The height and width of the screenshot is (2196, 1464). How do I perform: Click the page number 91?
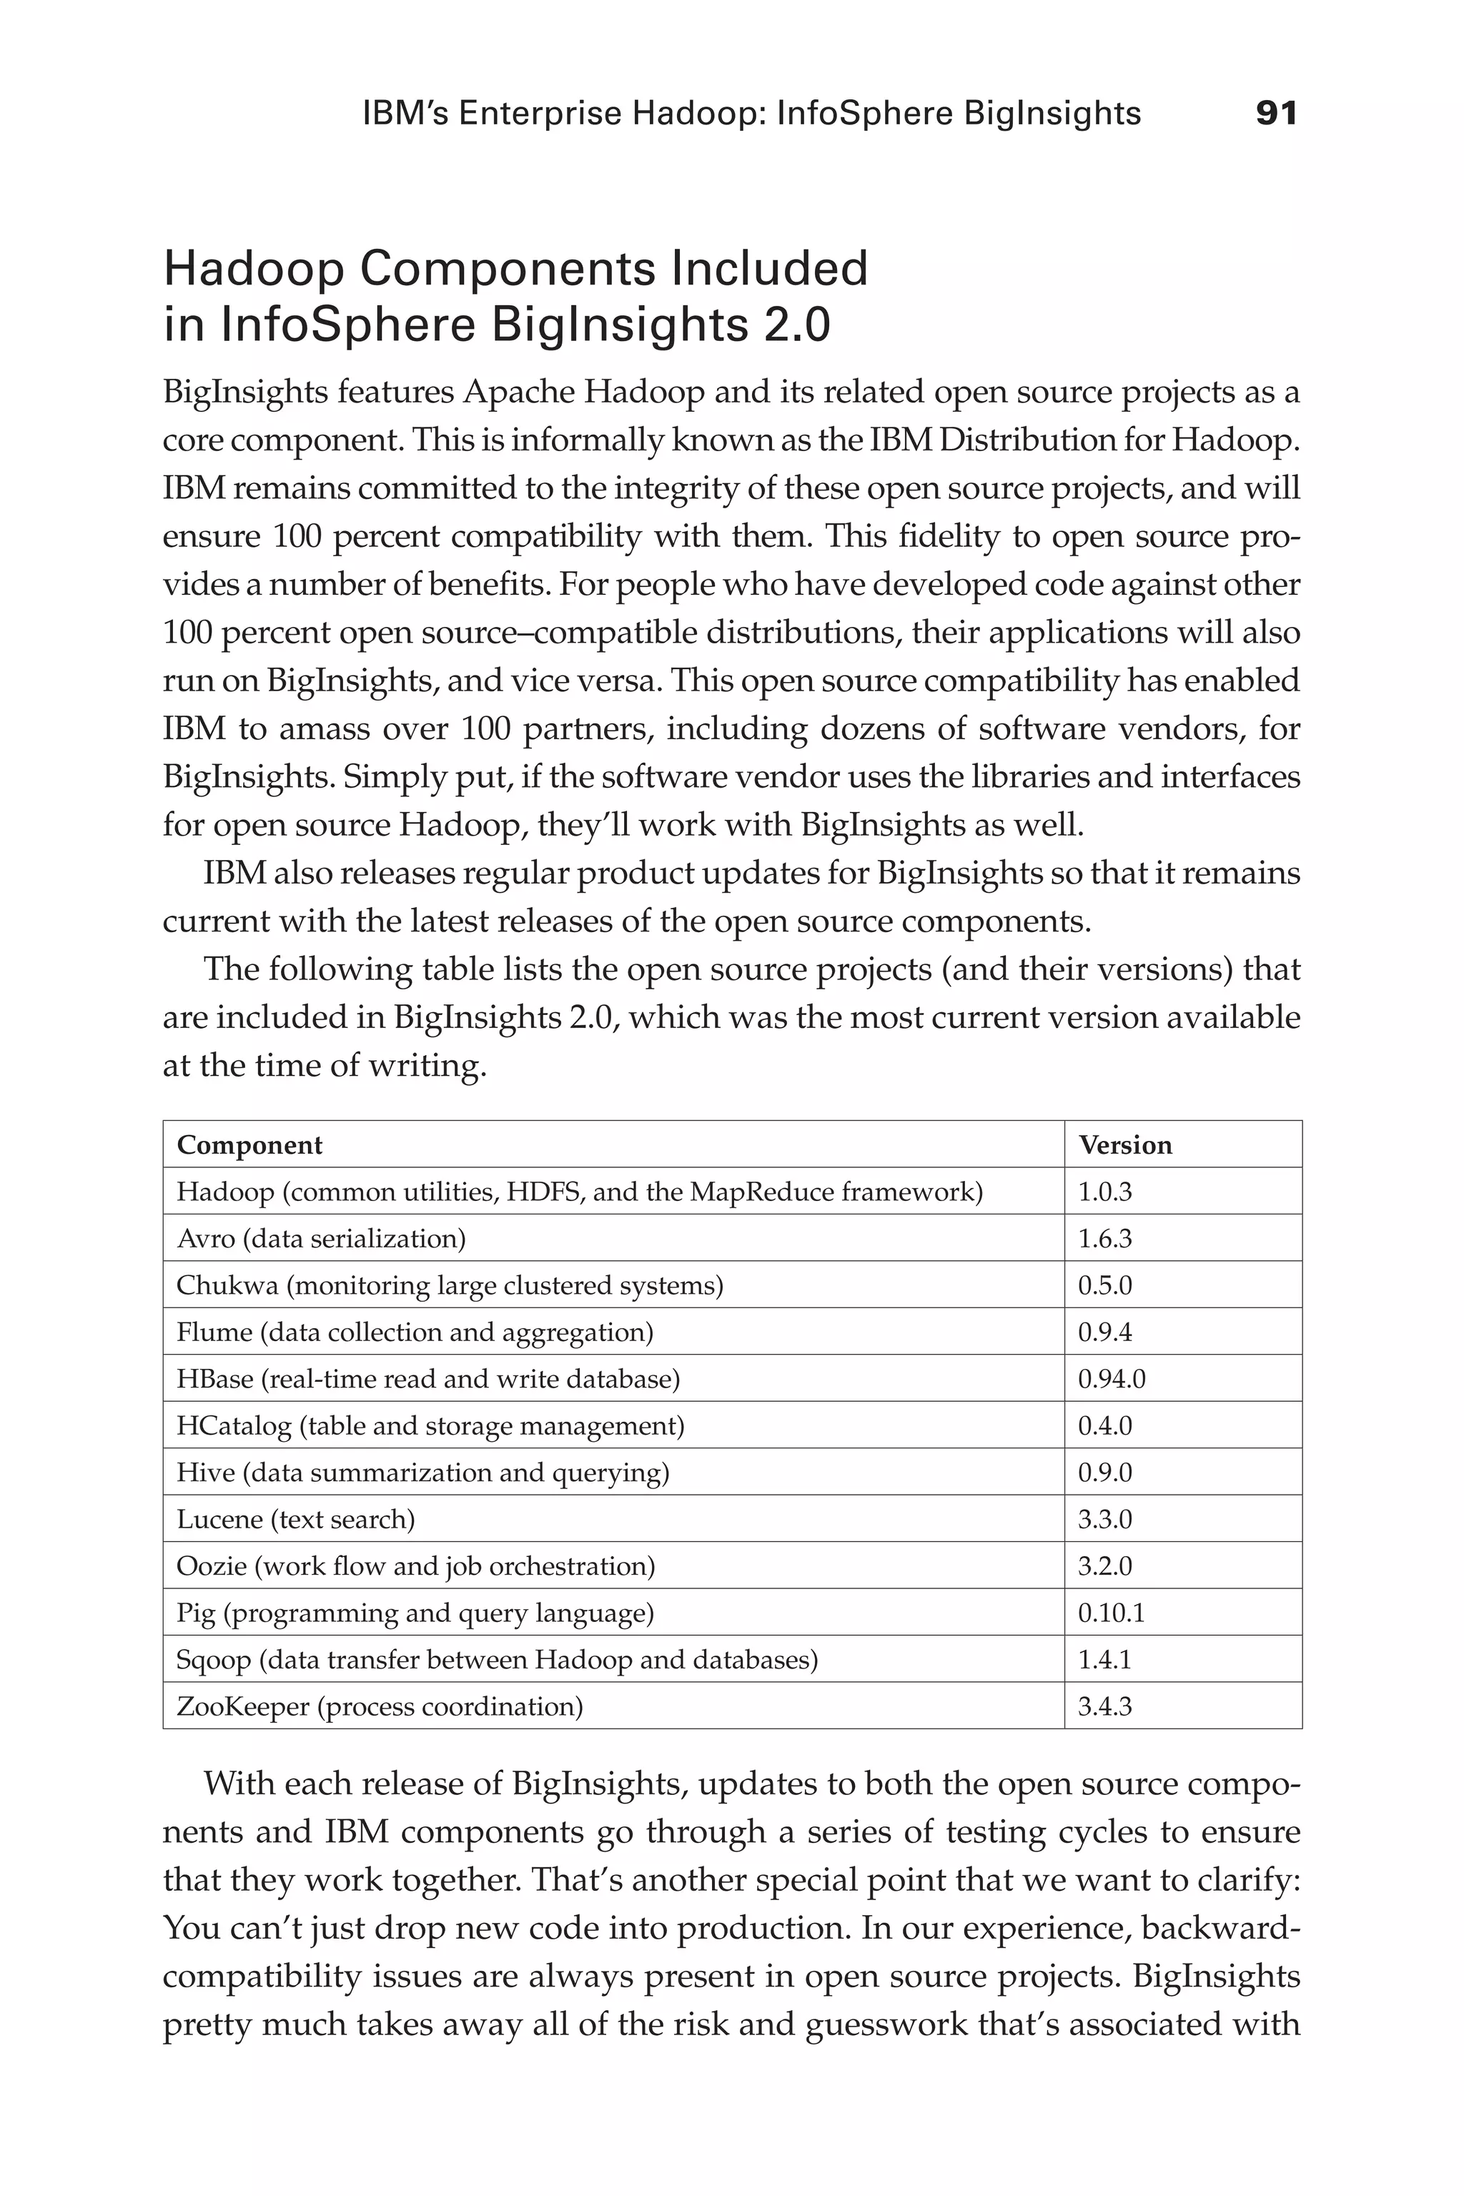(x=1276, y=114)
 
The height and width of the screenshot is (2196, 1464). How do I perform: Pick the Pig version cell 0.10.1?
(x=1111, y=1613)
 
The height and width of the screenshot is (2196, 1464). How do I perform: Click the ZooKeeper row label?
(x=379, y=1707)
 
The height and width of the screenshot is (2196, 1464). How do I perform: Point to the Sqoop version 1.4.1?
(x=1104, y=1659)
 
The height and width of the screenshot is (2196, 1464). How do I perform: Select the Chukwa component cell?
(x=449, y=1286)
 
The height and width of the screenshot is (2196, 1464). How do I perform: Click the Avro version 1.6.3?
(x=1104, y=1239)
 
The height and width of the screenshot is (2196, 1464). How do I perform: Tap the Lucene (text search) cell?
(x=295, y=1519)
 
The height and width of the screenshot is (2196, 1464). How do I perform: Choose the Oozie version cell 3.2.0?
(x=1104, y=1566)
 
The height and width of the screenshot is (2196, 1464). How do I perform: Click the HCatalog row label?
(x=430, y=1425)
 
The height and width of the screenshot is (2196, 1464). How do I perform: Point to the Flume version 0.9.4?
(x=1104, y=1332)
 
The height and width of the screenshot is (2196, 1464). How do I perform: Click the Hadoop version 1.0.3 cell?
(x=1104, y=1192)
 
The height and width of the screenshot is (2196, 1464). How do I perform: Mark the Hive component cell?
(x=422, y=1473)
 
